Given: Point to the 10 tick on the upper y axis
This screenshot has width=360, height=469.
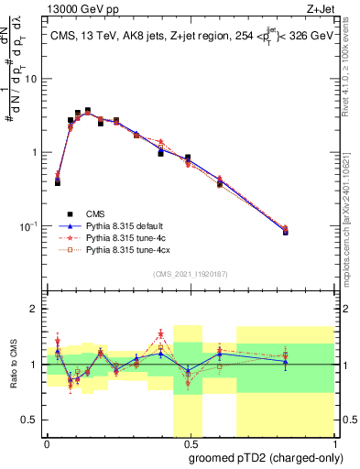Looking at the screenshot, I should (34, 79).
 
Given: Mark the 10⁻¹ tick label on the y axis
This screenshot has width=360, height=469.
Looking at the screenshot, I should (30, 225).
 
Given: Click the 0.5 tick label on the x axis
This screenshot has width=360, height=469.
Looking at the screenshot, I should (189, 442).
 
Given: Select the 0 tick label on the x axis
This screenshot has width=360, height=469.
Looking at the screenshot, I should (47, 442).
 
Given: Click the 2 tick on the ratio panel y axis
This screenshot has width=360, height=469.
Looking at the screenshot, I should (37, 309).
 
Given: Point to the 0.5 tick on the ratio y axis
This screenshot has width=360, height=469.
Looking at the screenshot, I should (33, 420).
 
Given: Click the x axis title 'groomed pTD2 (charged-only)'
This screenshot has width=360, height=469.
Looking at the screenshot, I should (267, 457).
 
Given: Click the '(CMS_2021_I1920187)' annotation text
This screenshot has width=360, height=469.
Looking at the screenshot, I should (190, 274).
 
